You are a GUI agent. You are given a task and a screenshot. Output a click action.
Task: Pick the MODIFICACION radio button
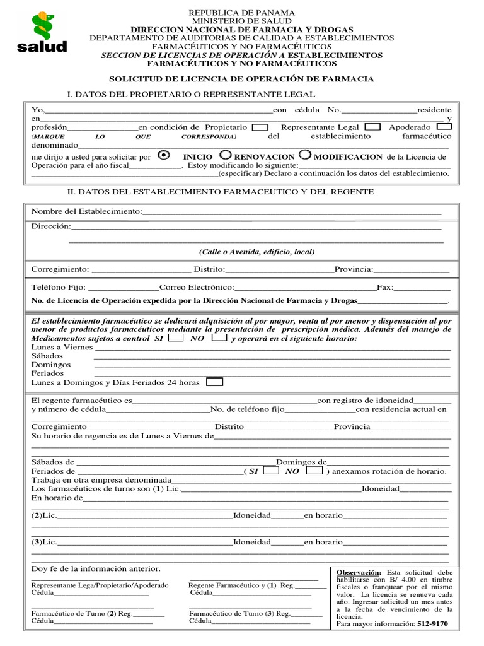tap(305, 155)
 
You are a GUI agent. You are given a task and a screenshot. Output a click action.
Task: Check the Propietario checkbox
tap(260, 127)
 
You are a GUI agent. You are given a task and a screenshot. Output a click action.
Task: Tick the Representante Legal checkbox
tap(372, 127)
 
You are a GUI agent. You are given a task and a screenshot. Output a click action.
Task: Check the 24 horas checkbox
tap(215, 382)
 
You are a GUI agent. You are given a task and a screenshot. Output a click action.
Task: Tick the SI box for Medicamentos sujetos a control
tap(176, 338)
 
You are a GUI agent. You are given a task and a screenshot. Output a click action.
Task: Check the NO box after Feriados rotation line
tap(316, 471)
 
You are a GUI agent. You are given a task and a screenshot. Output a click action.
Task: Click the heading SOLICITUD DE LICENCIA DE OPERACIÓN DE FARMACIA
tap(242, 79)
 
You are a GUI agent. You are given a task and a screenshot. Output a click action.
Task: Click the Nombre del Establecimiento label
tap(87, 211)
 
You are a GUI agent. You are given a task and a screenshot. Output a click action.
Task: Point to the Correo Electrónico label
tap(197, 287)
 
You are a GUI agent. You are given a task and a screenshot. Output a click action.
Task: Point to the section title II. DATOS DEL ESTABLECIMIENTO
tap(221, 191)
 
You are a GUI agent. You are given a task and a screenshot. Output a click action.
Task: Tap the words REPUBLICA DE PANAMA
tap(242, 13)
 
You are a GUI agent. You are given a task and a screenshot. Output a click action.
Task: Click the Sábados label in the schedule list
tap(47, 356)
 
